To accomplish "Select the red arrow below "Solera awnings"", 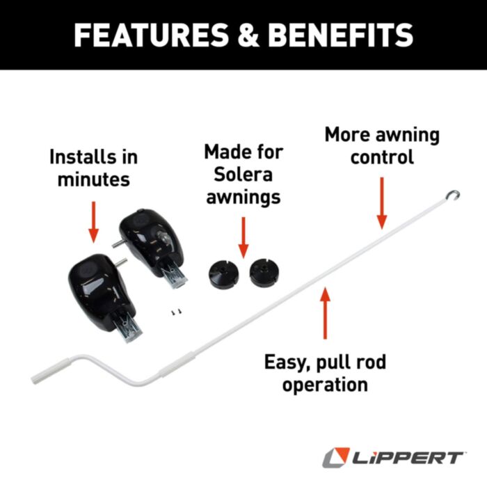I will click(243, 237).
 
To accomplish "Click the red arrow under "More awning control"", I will click(381, 202).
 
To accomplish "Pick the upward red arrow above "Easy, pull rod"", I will click(324, 313).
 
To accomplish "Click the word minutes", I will click(93, 179).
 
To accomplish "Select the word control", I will click(382, 157).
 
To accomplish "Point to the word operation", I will click(324, 384).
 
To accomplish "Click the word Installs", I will click(93, 157).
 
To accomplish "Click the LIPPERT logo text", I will click(403, 457).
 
